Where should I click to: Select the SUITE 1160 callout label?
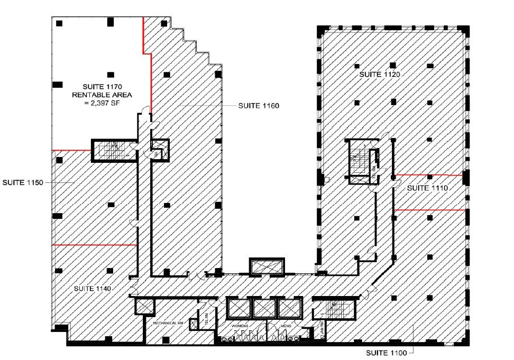(258, 106)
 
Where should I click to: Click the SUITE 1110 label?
(427, 188)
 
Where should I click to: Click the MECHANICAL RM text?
(168, 322)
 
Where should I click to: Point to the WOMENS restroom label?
(239, 326)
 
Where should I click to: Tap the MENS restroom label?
(286, 326)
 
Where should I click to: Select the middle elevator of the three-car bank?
(265, 308)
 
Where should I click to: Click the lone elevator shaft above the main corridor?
(267, 267)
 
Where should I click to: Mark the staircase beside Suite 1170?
(113, 150)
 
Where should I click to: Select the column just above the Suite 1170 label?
(111, 75)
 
